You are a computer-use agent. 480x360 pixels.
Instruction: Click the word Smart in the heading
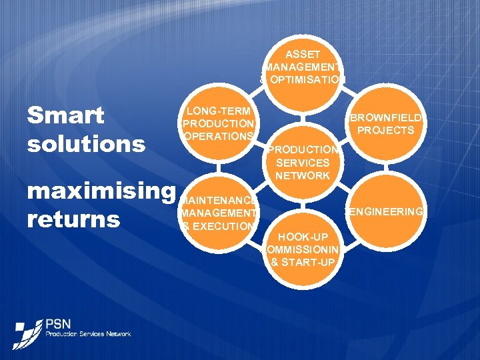click(x=65, y=115)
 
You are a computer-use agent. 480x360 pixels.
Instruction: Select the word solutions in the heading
click(x=86, y=143)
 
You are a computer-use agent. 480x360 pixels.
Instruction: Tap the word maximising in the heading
click(x=100, y=191)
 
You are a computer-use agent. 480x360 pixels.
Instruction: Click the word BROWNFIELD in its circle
click(x=387, y=118)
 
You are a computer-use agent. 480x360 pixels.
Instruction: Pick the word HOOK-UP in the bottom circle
click(x=303, y=237)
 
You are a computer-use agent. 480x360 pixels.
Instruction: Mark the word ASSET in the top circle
click(x=303, y=53)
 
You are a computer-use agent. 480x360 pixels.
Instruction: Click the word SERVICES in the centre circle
click(x=303, y=163)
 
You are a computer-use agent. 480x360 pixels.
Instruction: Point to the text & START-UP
click(x=303, y=262)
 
